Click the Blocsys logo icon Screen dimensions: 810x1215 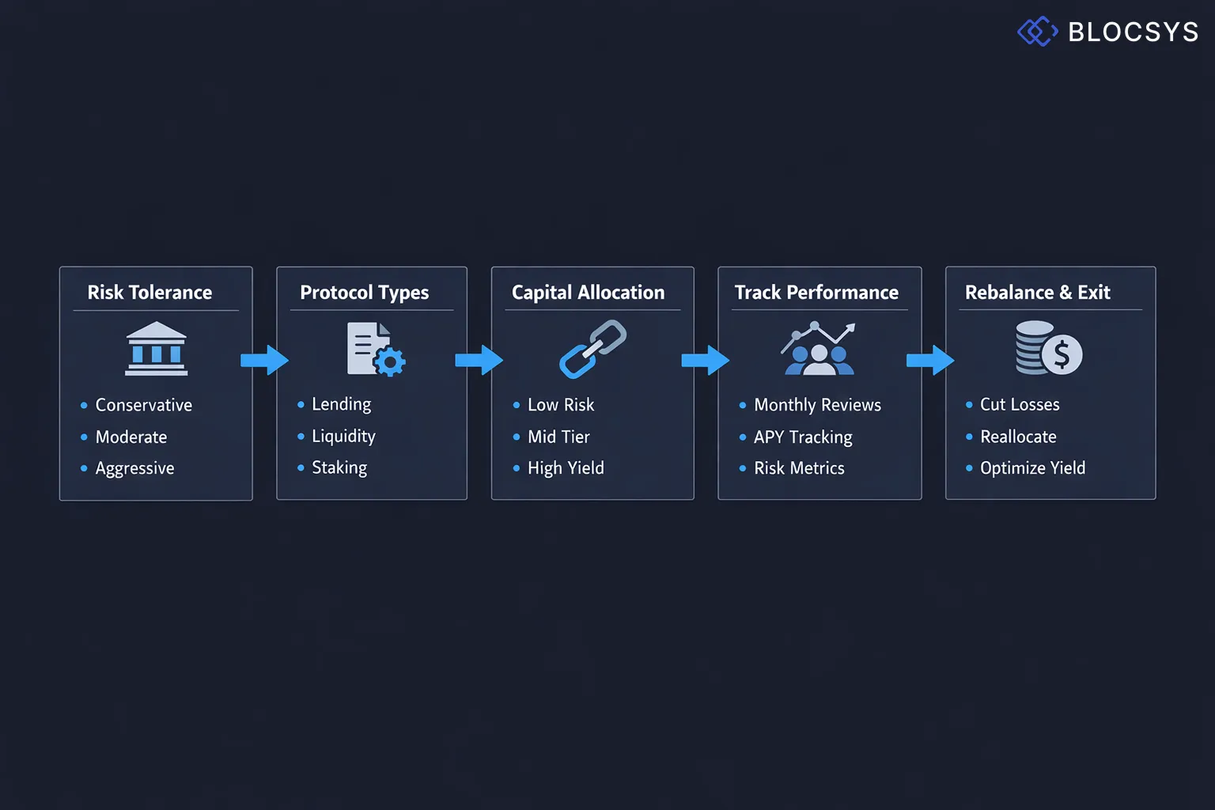pyautogui.click(x=1037, y=32)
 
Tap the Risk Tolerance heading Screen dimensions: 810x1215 pyautogui.click(x=150, y=293)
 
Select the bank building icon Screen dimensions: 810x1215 pyautogui.click(x=156, y=348)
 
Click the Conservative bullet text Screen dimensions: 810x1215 pyautogui.click(x=143, y=405)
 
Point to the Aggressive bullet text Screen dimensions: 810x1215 pyautogui.click(x=134, y=468)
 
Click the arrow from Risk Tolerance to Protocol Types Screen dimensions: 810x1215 pyautogui.click(x=264, y=360)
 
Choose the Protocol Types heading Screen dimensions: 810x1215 pyautogui.click(x=364, y=293)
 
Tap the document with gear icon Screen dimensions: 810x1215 pyautogui.click(x=375, y=349)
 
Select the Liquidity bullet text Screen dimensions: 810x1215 pyautogui.click(x=343, y=436)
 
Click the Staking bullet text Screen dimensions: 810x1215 pyautogui.click(x=339, y=467)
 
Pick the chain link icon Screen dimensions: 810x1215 pyautogui.click(x=592, y=349)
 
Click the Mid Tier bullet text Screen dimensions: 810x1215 pyautogui.click(x=558, y=437)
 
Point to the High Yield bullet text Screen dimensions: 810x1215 pyautogui.click(x=566, y=468)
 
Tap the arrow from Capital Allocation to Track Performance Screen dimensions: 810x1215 pyautogui.click(x=705, y=360)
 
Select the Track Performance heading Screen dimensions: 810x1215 pyautogui.click(x=816, y=293)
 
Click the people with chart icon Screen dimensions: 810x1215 pyautogui.click(x=818, y=349)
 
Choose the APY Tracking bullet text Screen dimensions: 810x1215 pyautogui.click(x=803, y=437)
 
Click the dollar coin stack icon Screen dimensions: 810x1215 pyautogui.click(x=1049, y=348)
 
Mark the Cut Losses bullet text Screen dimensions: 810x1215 pyautogui.click(x=1020, y=405)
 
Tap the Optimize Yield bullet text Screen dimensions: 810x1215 pyautogui.click(x=1032, y=468)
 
